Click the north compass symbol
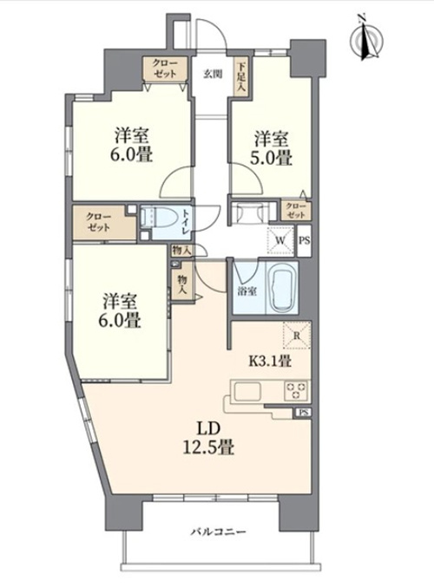(x=366, y=37)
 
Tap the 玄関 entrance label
(x=213, y=74)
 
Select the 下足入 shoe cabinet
(x=240, y=77)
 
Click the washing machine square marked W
(x=280, y=240)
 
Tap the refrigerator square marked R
(x=297, y=335)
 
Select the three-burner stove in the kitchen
(x=297, y=391)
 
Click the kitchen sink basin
(x=247, y=392)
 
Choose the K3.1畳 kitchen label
(x=270, y=361)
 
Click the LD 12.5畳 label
(x=208, y=438)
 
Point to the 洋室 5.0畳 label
(x=271, y=148)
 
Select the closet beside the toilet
(x=104, y=222)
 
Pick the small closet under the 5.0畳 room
(x=296, y=211)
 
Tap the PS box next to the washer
(x=304, y=241)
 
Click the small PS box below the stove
(x=303, y=413)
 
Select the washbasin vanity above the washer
(x=250, y=212)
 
